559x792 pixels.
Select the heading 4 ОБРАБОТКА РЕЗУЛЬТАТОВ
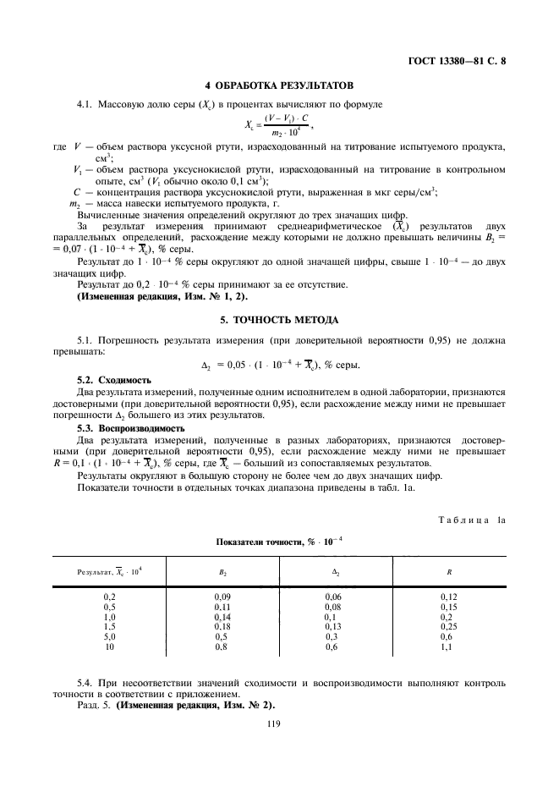pos(279,85)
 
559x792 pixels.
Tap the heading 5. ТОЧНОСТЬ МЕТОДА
pos(279,319)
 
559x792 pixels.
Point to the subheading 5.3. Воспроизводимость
pos(126,428)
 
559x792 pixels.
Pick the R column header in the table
pos(448,572)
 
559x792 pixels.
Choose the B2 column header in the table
pos(222,572)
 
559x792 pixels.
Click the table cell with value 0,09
pos(222,597)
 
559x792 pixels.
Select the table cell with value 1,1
pos(448,646)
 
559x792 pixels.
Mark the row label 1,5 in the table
pos(109,626)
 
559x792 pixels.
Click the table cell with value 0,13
pos(334,626)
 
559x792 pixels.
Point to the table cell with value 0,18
pos(222,626)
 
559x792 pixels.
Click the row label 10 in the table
pos(109,646)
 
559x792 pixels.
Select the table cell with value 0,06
pos(334,597)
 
